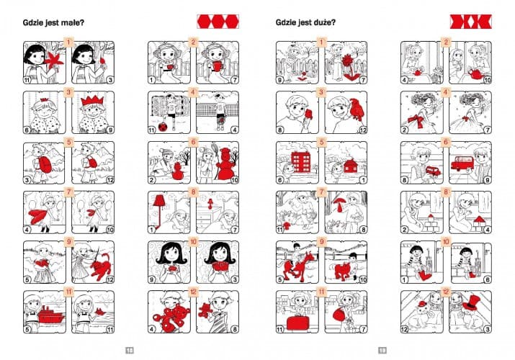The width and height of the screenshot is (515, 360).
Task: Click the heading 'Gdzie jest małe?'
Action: click(53, 22)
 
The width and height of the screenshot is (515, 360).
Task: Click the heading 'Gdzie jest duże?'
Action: click(306, 22)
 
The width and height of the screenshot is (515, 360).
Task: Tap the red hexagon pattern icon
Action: click(218, 22)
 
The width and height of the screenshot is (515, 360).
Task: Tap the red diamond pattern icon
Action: click(470, 22)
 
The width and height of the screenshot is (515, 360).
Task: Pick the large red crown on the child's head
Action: click(93, 100)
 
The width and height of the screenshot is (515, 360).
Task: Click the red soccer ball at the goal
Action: click(162, 127)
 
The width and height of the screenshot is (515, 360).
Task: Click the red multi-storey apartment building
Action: click(300, 162)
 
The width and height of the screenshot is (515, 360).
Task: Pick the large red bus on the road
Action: click(464, 163)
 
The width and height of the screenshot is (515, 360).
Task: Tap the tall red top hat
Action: click(471, 302)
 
